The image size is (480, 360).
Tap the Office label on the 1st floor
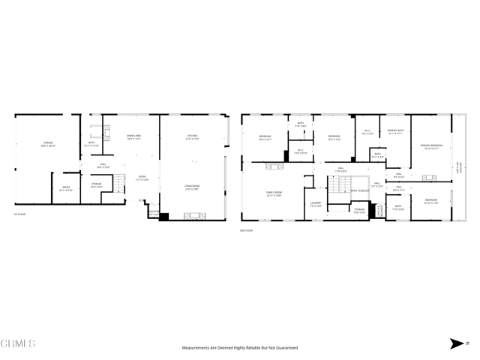(66, 189)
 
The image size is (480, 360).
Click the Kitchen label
(193, 137)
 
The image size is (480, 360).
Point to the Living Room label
(192, 187)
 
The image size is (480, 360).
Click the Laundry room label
(316, 204)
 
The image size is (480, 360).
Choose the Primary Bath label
(396, 132)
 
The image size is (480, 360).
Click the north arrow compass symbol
(457, 343)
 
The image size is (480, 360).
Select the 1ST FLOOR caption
(20, 215)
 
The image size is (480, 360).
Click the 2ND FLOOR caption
(247, 230)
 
